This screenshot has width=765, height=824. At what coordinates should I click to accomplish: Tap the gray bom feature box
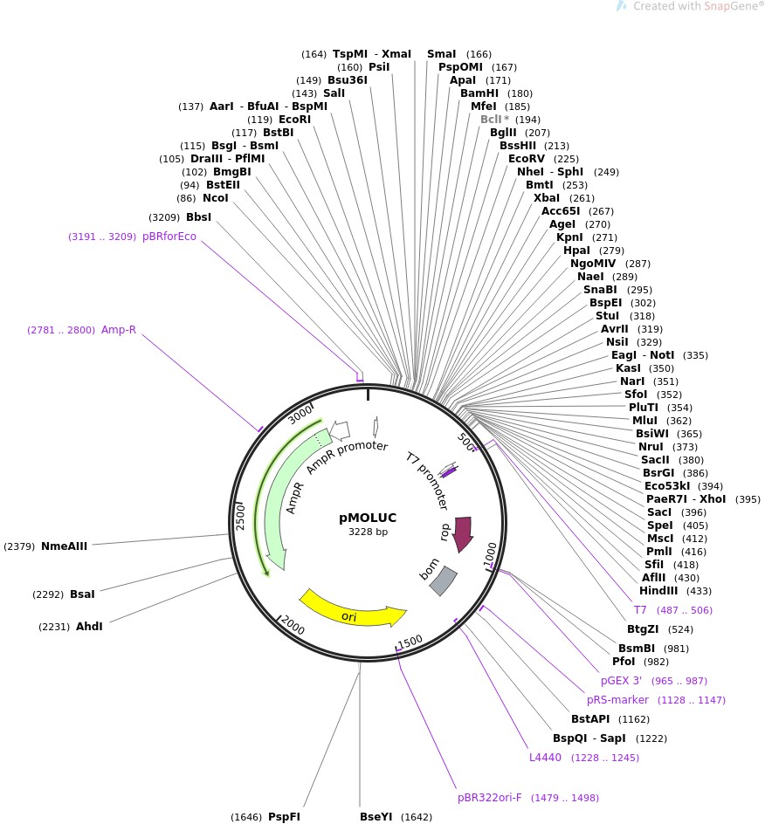click(443, 580)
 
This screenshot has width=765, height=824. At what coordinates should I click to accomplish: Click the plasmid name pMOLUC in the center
click(368, 518)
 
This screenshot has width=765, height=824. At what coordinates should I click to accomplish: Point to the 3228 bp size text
click(368, 532)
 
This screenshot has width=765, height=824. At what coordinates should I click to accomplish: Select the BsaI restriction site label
click(82, 594)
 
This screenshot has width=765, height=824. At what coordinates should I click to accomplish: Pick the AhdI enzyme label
click(89, 626)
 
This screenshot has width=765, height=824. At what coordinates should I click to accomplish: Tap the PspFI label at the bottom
click(284, 817)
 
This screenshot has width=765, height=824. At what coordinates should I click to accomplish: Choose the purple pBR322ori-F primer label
click(489, 798)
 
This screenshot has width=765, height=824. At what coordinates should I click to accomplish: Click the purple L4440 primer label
click(546, 758)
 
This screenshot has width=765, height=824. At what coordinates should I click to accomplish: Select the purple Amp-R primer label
click(119, 329)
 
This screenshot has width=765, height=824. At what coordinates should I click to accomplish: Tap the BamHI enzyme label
click(479, 93)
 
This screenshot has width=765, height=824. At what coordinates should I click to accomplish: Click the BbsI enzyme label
click(198, 217)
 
